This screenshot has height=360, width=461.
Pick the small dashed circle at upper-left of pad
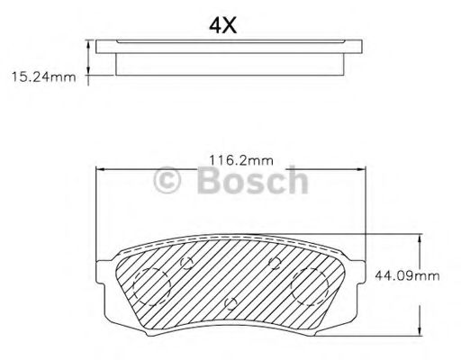187,263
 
